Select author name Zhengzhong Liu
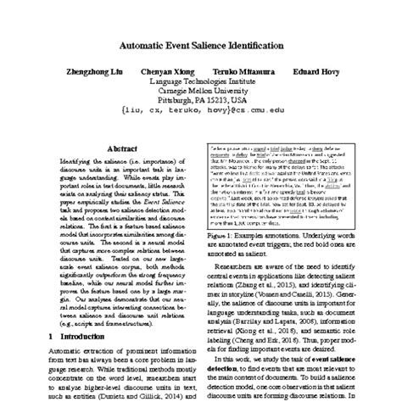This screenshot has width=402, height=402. click(x=101, y=74)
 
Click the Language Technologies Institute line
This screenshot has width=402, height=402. click(x=201, y=84)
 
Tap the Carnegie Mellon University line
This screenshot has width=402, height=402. click(x=201, y=93)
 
